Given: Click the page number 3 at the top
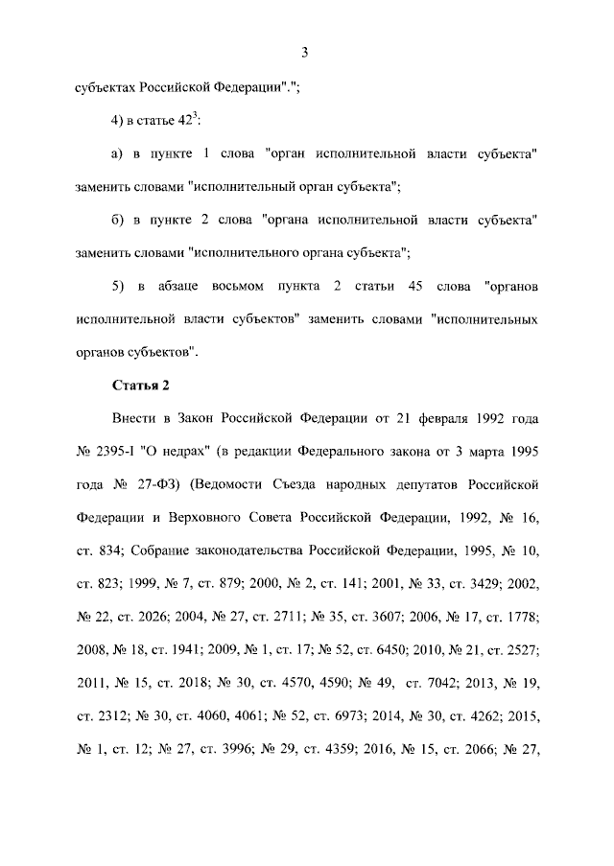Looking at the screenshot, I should (x=303, y=52).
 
